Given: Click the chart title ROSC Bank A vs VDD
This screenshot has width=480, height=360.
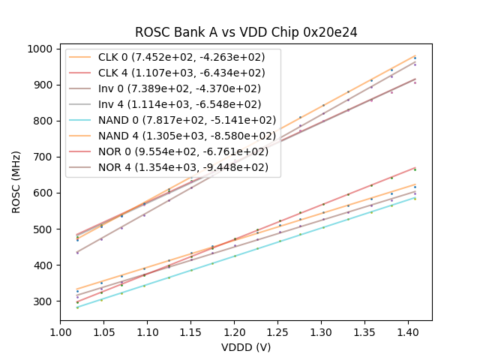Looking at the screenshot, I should pyautogui.click(x=245, y=32).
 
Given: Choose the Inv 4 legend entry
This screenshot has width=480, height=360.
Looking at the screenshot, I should pyautogui.click(x=178, y=104).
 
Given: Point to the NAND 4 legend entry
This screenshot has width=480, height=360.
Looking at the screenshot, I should pyautogui.click(x=186, y=136).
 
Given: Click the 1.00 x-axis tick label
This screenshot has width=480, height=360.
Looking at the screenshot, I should pyautogui.click(x=61, y=331).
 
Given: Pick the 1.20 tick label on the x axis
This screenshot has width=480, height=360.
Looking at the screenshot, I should pyautogui.click(x=234, y=331).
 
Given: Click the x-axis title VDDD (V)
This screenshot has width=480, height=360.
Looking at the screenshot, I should pyautogui.click(x=245, y=347).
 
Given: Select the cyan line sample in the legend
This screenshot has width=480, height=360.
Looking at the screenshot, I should pyautogui.click(x=81, y=120).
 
